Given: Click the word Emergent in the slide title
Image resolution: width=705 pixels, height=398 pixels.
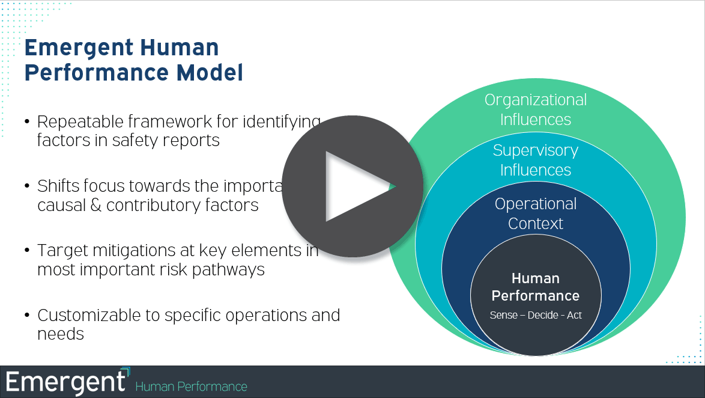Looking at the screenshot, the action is pos(83,47).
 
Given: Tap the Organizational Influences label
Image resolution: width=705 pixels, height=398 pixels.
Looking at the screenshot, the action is pos(536,109).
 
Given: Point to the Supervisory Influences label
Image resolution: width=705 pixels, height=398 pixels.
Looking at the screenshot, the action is pos(536,160).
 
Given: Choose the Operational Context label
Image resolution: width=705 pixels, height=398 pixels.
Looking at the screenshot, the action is pos(536,213).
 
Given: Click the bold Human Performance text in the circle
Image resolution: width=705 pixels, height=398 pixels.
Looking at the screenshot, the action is pos(536,287).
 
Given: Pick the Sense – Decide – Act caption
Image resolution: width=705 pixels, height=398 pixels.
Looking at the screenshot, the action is pos(536,315).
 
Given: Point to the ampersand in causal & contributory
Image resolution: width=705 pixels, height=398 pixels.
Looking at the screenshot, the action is pos(95,206).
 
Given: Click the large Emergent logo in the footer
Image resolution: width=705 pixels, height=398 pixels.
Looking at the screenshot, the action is pos(67,382).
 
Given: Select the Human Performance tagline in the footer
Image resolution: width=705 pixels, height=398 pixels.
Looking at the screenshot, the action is pos(191,387).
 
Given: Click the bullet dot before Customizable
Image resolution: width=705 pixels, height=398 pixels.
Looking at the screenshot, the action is pos(27,315).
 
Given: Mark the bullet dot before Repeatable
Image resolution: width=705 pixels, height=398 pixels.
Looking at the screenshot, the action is pos(27,122).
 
